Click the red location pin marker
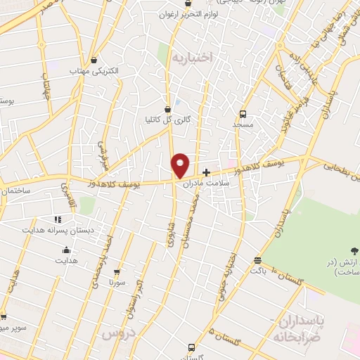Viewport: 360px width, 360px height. point(180,164)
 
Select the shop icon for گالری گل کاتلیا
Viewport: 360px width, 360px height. point(167,109)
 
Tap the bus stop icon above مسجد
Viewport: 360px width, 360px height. point(243,113)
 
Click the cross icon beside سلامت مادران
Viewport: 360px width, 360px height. point(206,172)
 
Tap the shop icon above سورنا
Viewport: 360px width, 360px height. point(117,271)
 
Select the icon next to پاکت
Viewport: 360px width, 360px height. point(257,260)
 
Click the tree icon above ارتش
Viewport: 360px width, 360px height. point(354,250)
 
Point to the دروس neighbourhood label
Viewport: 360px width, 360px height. point(118,334)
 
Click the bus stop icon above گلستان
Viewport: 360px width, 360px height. point(191,347)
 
